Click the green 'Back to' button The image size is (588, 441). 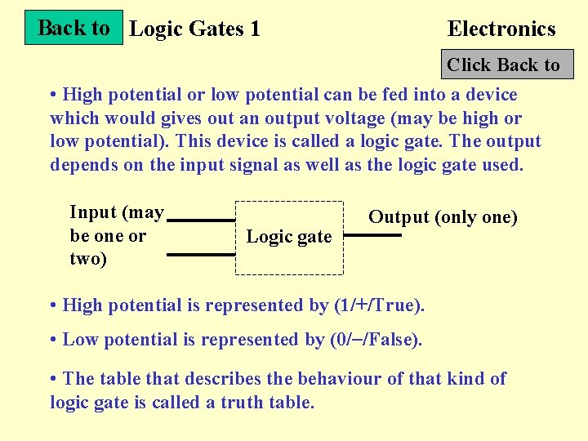pos(73,28)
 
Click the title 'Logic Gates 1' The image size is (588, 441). pos(195,29)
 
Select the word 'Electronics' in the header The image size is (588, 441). pos(501,29)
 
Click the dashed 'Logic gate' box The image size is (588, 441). pos(289,237)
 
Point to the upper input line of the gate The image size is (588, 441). pos(201,220)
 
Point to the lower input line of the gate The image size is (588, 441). pos(201,254)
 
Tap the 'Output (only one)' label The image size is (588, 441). pos(443,217)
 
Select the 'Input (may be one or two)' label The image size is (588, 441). pos(116,235)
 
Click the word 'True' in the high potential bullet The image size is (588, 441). pos(397,305)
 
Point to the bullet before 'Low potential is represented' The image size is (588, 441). pos(53,340)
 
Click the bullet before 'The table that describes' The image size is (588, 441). pos(53,379)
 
